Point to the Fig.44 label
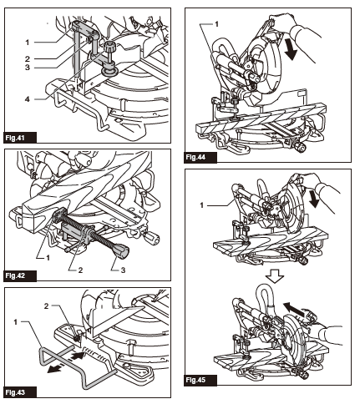196,157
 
